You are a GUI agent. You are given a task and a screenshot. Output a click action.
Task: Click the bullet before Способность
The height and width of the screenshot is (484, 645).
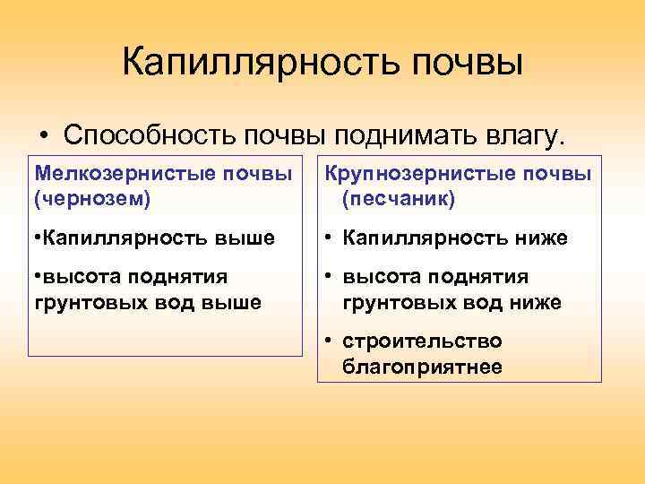[x=44, y=136]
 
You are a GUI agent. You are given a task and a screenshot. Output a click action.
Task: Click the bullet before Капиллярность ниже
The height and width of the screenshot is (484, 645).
[x=329, y=238]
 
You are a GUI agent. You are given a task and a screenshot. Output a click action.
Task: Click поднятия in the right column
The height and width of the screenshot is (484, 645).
[x=484, y=278]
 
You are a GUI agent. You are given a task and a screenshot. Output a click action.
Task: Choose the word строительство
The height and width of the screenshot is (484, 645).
[x=422, y=341]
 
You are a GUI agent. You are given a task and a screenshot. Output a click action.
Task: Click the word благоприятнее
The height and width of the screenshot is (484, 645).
[x=422, y=367]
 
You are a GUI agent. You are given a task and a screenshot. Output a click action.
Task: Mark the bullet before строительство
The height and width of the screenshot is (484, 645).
[x=329, y=341]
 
